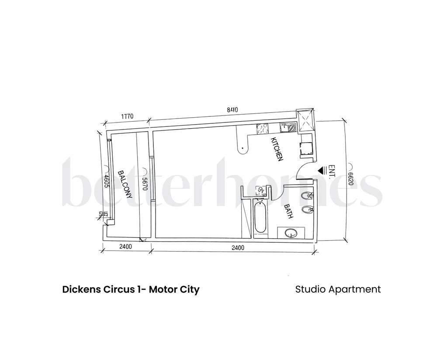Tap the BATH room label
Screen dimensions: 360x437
pos(289,211)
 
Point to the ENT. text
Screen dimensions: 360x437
pos(332,171)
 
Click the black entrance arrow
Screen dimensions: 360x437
pos(322,170)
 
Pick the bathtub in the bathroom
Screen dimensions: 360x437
pos(260,218)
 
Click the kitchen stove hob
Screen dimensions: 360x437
pos(263,128)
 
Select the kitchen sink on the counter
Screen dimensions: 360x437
pos(288,128)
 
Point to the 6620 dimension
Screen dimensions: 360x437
pos(350,175)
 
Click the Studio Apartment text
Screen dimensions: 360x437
pos(338,289)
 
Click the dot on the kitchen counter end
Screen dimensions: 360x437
pos(241,149)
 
